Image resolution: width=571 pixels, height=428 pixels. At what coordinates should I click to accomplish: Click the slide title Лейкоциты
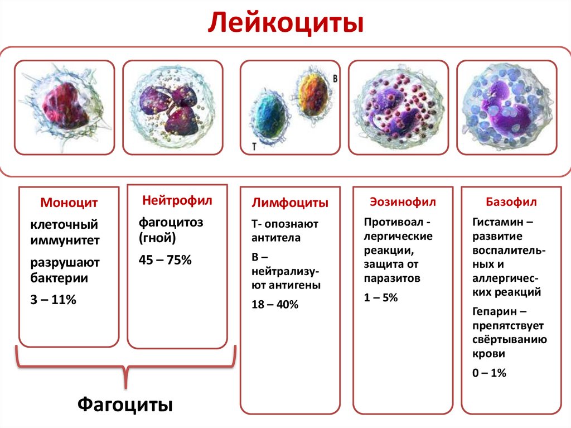click(285, 24)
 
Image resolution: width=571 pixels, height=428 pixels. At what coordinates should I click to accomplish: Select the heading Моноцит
click(69, 203)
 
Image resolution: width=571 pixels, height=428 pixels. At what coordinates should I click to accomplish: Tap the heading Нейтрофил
click(177, 200)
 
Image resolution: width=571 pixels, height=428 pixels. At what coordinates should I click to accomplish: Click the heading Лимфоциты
click(289, 203)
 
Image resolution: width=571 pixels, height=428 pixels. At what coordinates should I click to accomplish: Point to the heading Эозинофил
click(403, 201)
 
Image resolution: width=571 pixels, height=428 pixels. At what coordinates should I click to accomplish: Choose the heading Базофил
click(511, 201)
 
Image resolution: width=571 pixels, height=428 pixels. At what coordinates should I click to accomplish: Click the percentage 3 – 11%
click(53, 300)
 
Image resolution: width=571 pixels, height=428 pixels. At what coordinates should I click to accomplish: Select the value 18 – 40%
click(275, 305)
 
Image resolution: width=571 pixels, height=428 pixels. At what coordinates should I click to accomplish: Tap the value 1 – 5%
click(381, 298)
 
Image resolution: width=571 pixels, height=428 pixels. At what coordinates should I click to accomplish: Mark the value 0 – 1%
click(489, 373)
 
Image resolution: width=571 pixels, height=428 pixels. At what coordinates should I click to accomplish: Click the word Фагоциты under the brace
click(124, 403)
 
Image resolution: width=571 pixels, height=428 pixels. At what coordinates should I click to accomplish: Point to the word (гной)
click(157, 239)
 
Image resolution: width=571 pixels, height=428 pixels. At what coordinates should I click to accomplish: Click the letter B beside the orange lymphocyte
click(335, 79)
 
